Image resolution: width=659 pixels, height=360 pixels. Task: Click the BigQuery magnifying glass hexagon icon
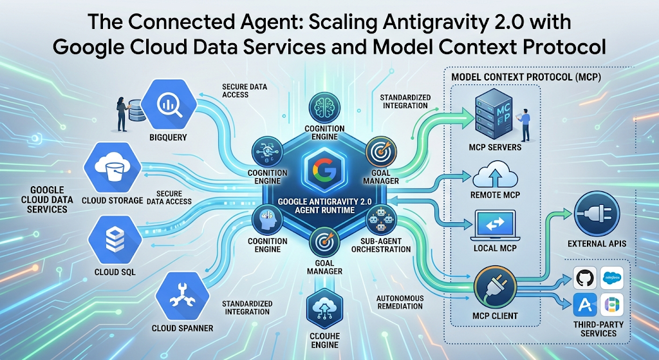(x=169, y=104)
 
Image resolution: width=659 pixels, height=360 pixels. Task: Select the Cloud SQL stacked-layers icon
(x=115, y=240)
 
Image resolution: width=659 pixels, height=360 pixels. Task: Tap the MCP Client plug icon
(x=495, y=289)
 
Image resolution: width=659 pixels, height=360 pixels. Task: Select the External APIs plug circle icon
(x=597, y=213)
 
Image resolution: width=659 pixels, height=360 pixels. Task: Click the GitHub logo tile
(x=585, y=278)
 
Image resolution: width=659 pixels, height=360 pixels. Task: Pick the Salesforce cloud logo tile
(x=612, y=278)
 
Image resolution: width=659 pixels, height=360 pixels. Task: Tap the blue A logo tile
(x=585, y=305)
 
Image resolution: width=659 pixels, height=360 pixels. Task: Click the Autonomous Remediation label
(x=400, y=302)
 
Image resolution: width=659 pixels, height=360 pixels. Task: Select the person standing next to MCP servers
(x=524, y=124)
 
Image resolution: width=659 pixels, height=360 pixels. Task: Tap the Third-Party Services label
(x=599, y=329)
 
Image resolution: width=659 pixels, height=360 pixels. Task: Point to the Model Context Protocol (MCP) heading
(x=526, y=77)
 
